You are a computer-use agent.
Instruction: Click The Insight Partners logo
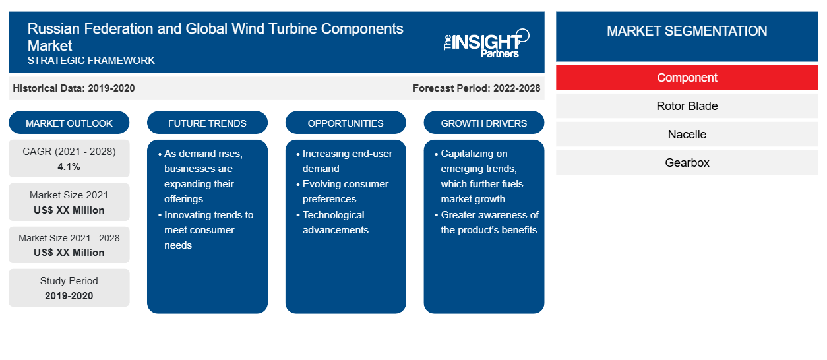(x=486, y=44)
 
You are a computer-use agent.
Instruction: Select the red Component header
(x=687, y=78)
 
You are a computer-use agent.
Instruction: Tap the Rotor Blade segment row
(x=687, y=106)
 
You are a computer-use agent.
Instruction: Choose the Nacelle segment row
(x=687, y=135)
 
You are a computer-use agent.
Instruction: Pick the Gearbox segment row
(x=687, y=162)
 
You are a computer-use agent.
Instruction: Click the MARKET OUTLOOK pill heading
(x=69, y=123)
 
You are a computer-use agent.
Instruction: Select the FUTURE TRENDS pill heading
(x=207, y=123)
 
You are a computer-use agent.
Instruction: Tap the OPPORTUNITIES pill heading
(x=346, y=123)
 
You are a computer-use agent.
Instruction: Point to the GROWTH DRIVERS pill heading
(x=483, y=123)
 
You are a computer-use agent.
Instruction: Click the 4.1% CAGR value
(x=69, y=167)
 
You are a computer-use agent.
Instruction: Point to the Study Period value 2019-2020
(x=69, y=296)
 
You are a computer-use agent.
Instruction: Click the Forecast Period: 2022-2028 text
(x=476, y=88)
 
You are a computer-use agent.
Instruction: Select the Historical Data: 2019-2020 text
(x=74, y=88)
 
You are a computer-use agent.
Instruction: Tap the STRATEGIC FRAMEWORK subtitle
(x=91, y=61)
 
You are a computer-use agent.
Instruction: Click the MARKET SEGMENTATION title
(x=687, y=31)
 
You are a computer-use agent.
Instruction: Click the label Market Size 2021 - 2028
(x=69, y=238)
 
